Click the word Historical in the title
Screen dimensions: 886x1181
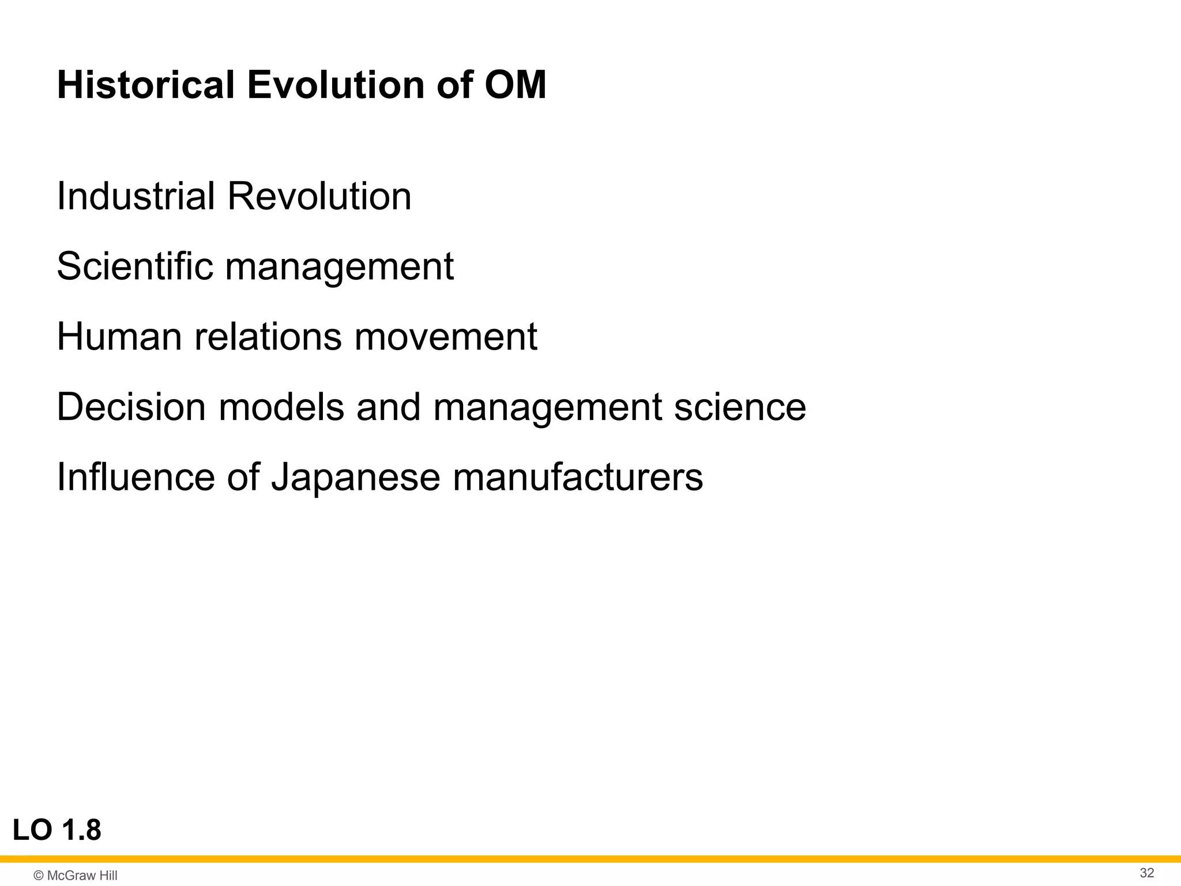(x=146, y=85)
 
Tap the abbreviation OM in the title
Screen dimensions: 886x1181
(x=515, y=85)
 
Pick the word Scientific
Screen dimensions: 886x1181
(x=134, y=266)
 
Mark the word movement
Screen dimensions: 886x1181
(x=446, y=337)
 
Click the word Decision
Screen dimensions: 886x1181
(x=131, y=407)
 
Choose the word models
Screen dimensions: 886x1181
(x=281, y=407)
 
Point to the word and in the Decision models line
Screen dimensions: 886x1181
(x=388, y=407)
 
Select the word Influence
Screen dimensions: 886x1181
(x=136, y=477)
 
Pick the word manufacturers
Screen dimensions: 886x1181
(x=577, y=477)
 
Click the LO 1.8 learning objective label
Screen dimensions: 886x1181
(x=57, y=831)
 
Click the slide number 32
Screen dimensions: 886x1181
(x=1147, y=873)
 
